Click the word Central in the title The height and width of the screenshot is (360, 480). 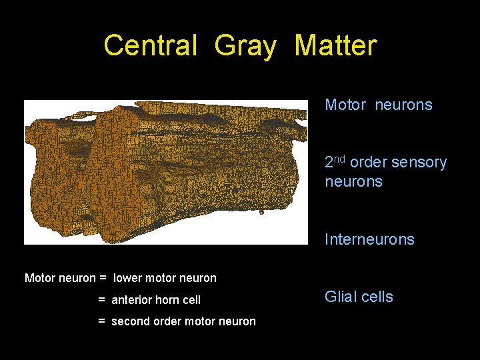[x=151, y=46]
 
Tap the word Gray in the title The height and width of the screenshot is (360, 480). [x=245, y=46]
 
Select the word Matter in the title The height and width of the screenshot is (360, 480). [x=335, y=46]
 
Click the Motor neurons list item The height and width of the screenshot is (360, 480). [x=378, y=105]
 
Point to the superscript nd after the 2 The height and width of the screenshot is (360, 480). [x=340, y=159]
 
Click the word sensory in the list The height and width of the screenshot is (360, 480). [x=418, y=163]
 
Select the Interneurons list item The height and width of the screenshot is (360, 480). [x=369, y=239]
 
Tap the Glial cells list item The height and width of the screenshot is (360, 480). [x=359, y=297]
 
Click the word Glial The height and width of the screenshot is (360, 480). [x=341, y=297]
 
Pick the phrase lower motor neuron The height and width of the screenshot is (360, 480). [x=165, y=278]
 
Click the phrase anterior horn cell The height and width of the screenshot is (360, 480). [x=156, y=300]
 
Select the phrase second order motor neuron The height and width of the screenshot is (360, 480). [x=183, y=321]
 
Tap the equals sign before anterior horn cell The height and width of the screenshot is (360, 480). [x=102, y=300]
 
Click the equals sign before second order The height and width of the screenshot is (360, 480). [x=102, y=321]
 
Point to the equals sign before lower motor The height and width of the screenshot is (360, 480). [x=103, y=278]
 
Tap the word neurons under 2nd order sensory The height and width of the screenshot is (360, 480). [x=353, y=182]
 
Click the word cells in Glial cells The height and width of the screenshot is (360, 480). [x=378, y=297]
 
